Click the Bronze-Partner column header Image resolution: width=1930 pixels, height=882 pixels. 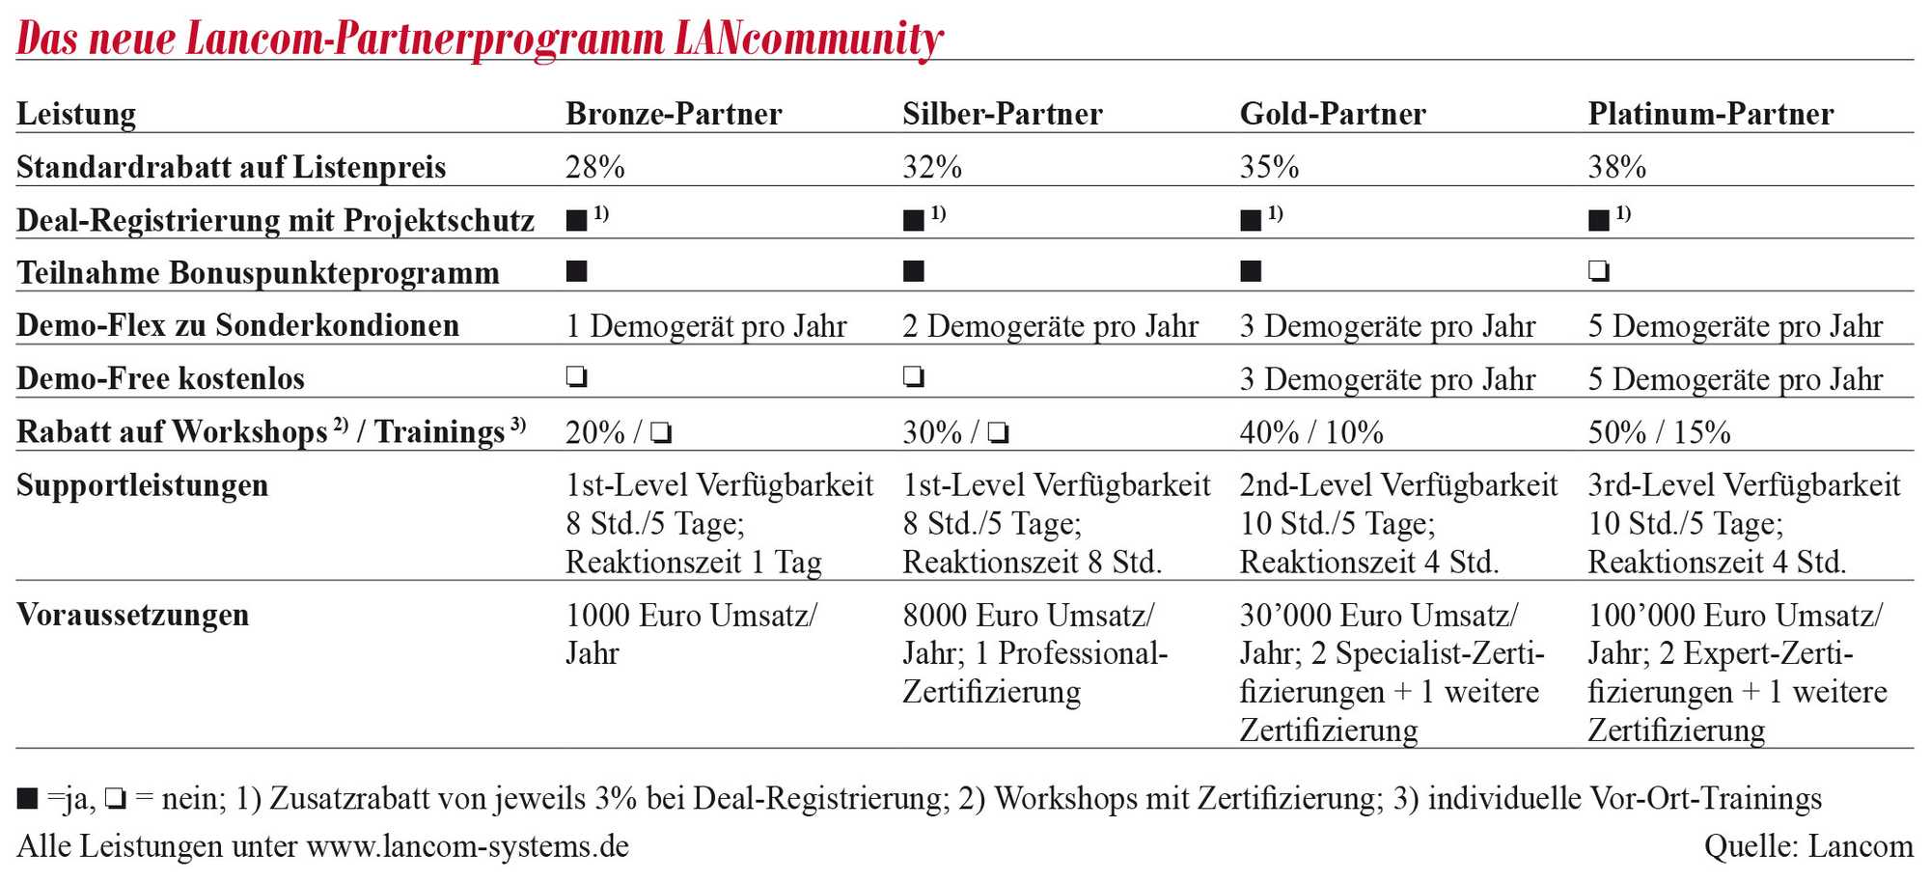coord(674,114)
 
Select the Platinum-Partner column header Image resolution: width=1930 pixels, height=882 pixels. coord(1710,114)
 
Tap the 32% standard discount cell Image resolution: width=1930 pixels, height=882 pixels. coord(932,167)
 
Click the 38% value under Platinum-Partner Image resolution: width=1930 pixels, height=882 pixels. coord(1617,167)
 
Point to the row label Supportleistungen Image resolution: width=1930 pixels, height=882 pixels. coord(142,485)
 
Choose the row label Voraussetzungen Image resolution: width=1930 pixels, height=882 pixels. coord(133,615)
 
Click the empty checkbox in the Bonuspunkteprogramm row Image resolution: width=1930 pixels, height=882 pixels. coord(1599,271)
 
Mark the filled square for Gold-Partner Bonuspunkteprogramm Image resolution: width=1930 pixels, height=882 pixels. coord(1251,271)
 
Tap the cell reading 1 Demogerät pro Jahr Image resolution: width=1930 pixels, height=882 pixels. coord(705,326)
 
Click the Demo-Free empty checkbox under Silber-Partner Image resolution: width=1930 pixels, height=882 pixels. coord(914,376)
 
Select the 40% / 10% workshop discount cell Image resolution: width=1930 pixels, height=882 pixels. coord(1311,432)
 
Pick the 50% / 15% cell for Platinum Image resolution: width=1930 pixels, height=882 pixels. coord(1659,432)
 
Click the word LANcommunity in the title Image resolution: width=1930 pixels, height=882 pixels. coord(809,40)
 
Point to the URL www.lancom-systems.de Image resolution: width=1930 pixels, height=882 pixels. coord(468,846)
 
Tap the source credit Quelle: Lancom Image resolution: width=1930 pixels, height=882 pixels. coord(1808,846)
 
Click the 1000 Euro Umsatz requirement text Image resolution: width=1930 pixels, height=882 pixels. coord(691,615)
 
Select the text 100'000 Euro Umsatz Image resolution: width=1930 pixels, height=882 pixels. coord(1734,615)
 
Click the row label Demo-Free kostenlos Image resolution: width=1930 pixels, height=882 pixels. coord(160,378)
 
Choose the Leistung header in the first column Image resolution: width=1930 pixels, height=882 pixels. coord(76,115)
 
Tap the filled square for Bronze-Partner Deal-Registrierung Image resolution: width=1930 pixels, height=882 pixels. coord(576,220)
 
